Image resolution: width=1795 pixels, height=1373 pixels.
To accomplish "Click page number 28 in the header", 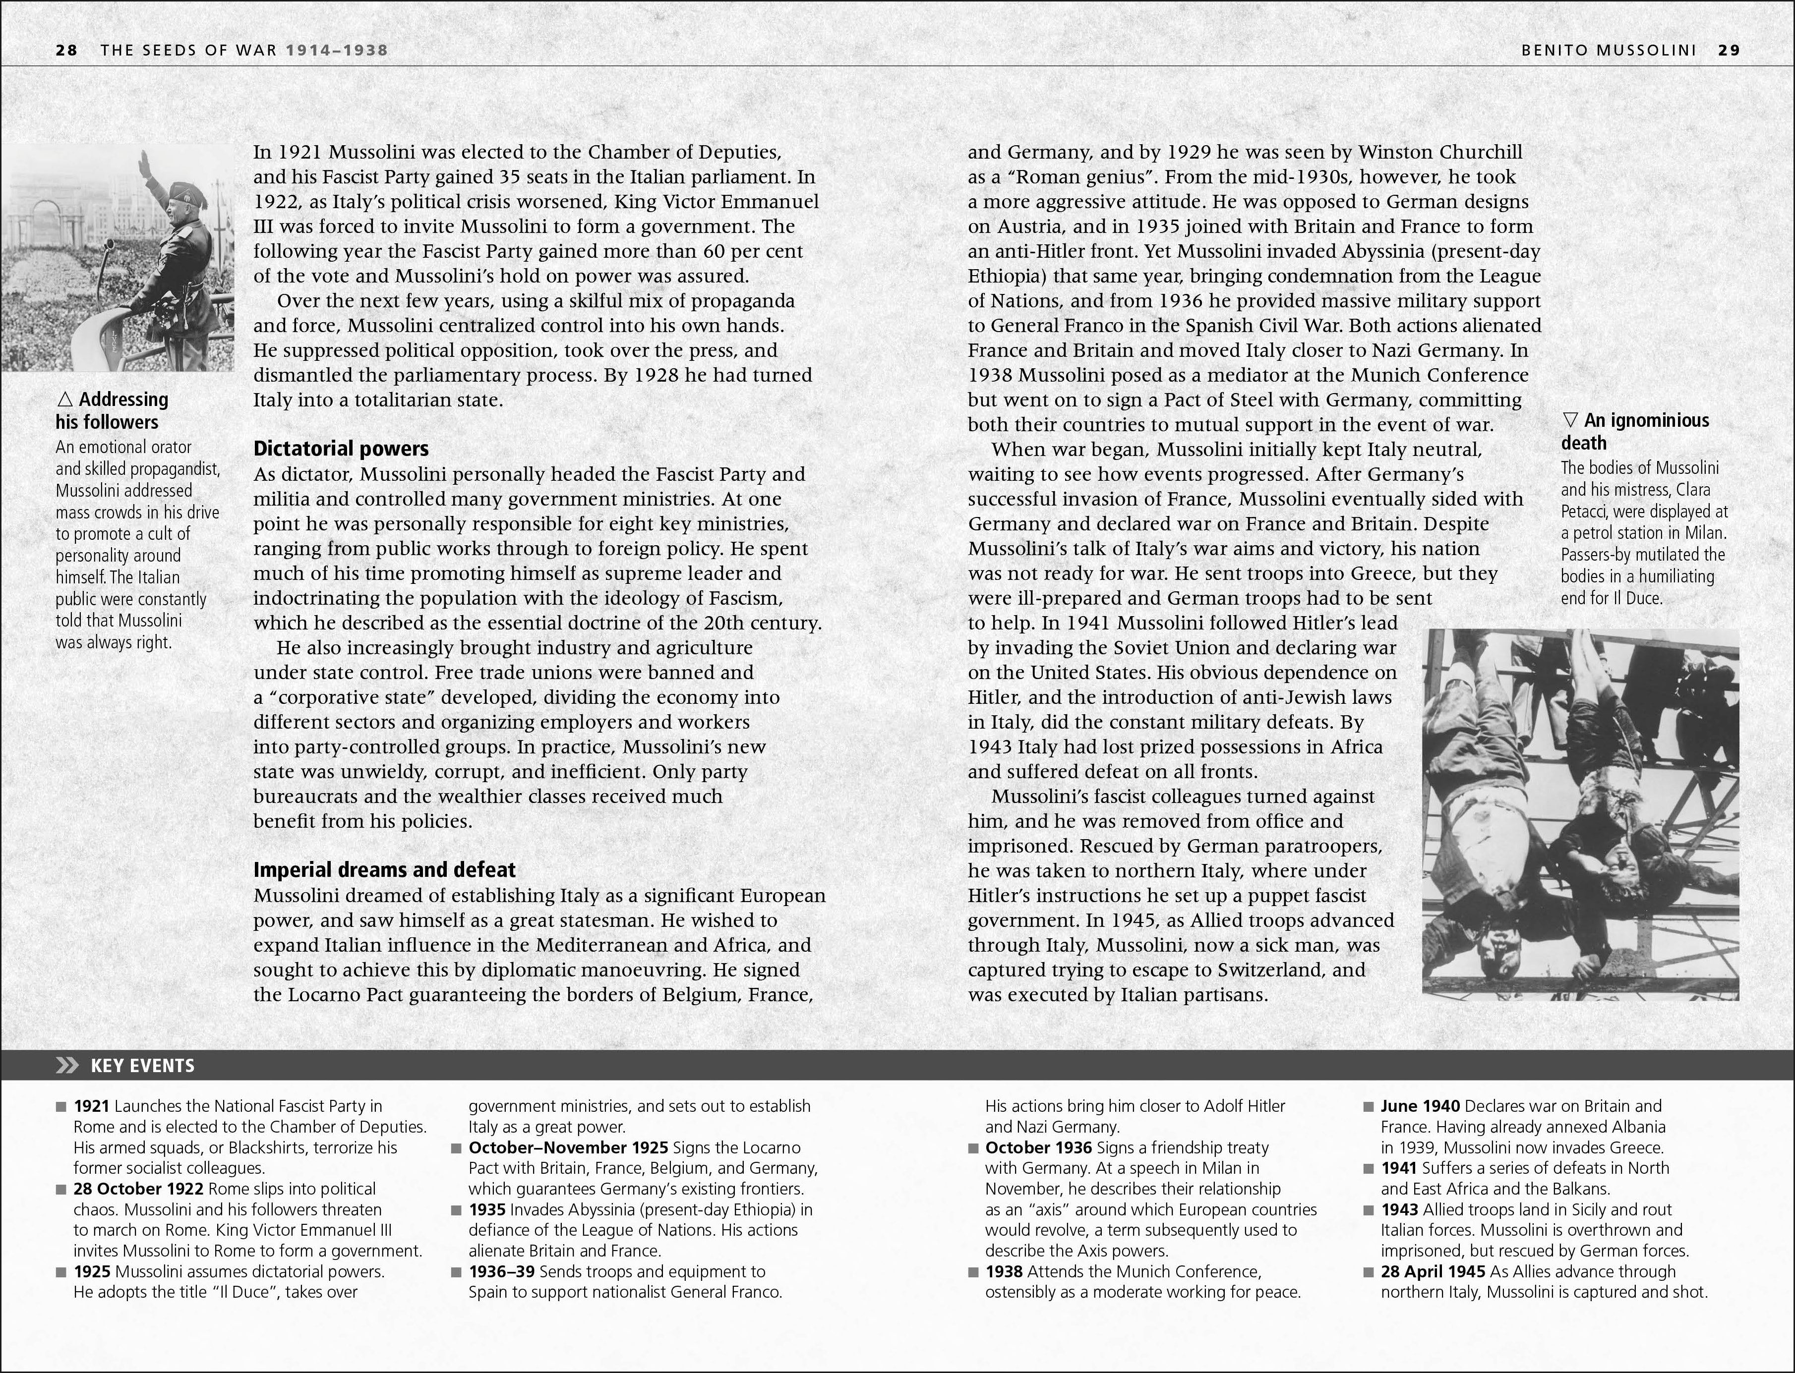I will [66, 50].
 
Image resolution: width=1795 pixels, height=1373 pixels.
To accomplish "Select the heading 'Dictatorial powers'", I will [341, 449].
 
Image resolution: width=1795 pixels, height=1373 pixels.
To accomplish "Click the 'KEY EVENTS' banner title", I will [142, 1066].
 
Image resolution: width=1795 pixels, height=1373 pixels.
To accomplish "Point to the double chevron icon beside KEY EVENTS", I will [67, 1066].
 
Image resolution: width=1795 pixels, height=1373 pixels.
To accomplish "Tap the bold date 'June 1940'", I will [1420, 1106].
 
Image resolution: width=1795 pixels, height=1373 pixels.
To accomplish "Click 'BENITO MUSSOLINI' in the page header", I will [1609, 50].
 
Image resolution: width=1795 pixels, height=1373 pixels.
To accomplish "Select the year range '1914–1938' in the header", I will [337, 50].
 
